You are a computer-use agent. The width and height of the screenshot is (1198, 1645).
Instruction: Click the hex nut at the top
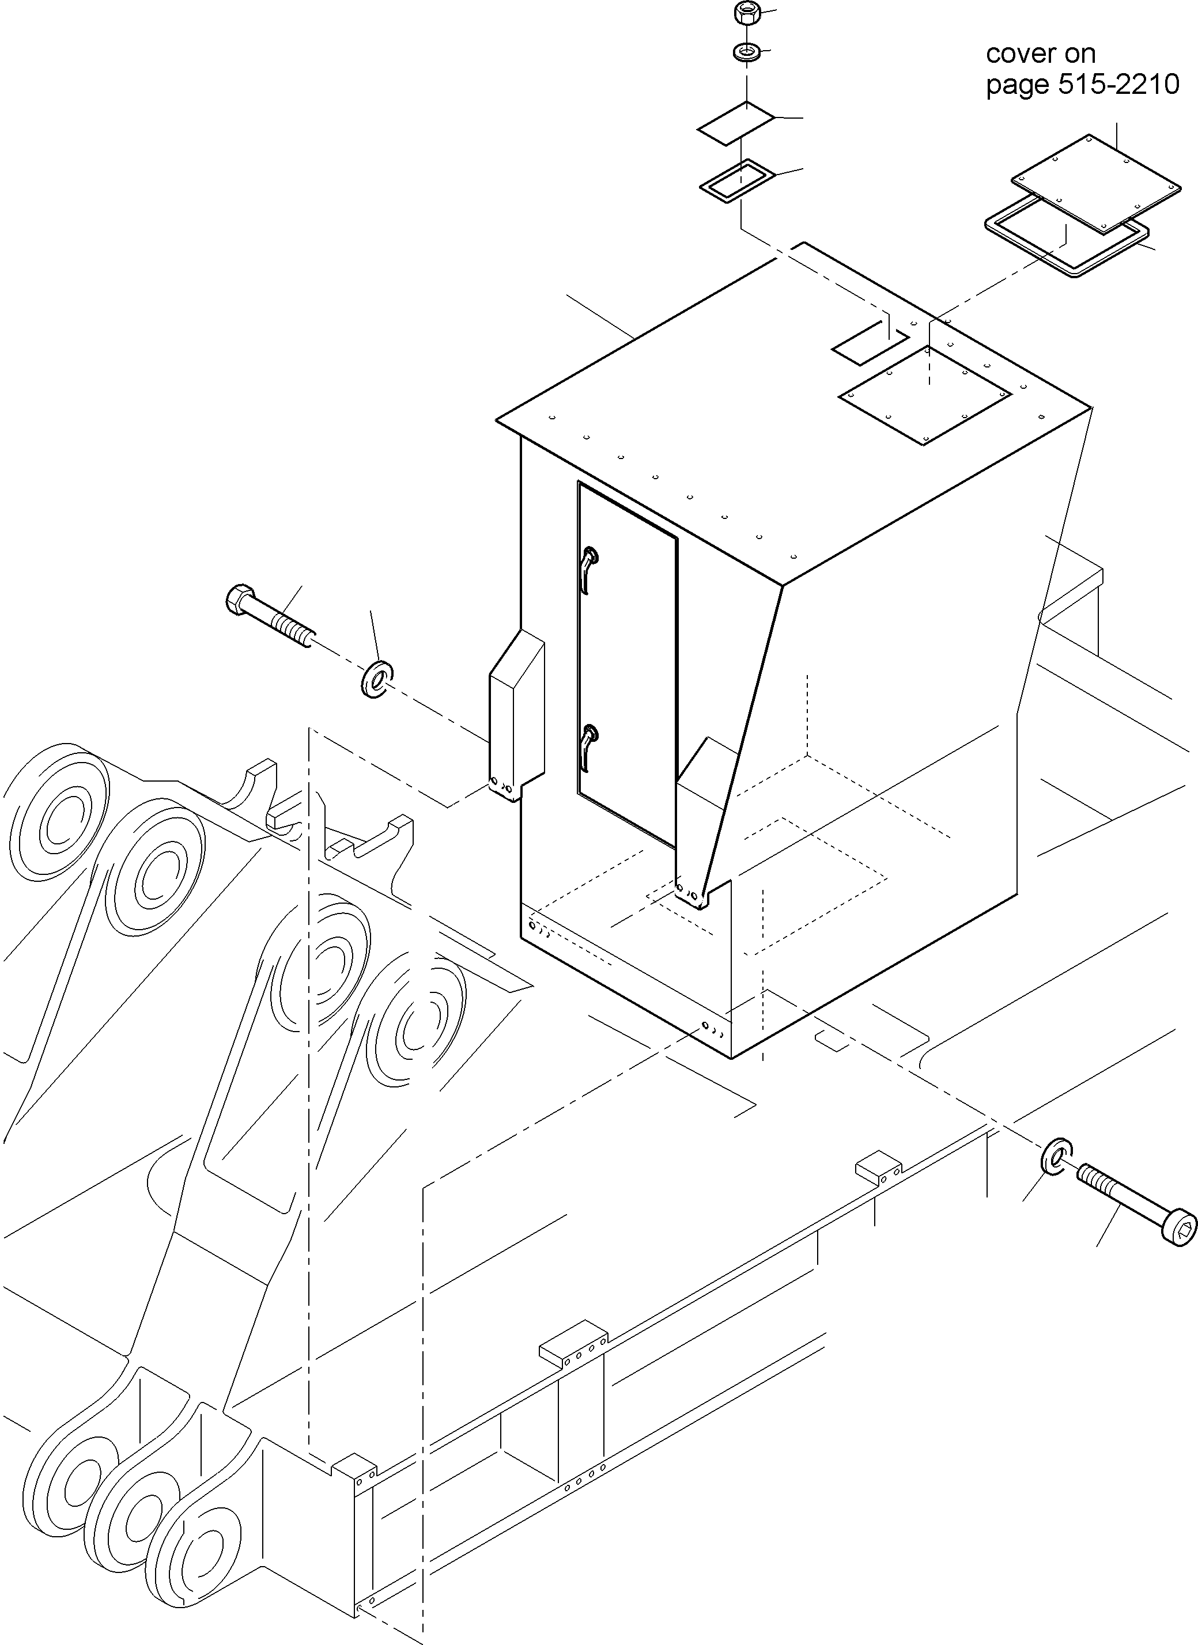click(745, 12)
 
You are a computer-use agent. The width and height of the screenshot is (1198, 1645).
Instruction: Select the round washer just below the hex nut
click(746, 52)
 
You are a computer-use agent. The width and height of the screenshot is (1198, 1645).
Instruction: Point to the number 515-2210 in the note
click(1118, 85)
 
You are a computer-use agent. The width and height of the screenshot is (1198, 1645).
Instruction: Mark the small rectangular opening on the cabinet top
click(867, 345)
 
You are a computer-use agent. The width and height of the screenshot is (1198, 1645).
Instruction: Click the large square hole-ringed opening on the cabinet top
click(925, 395)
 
